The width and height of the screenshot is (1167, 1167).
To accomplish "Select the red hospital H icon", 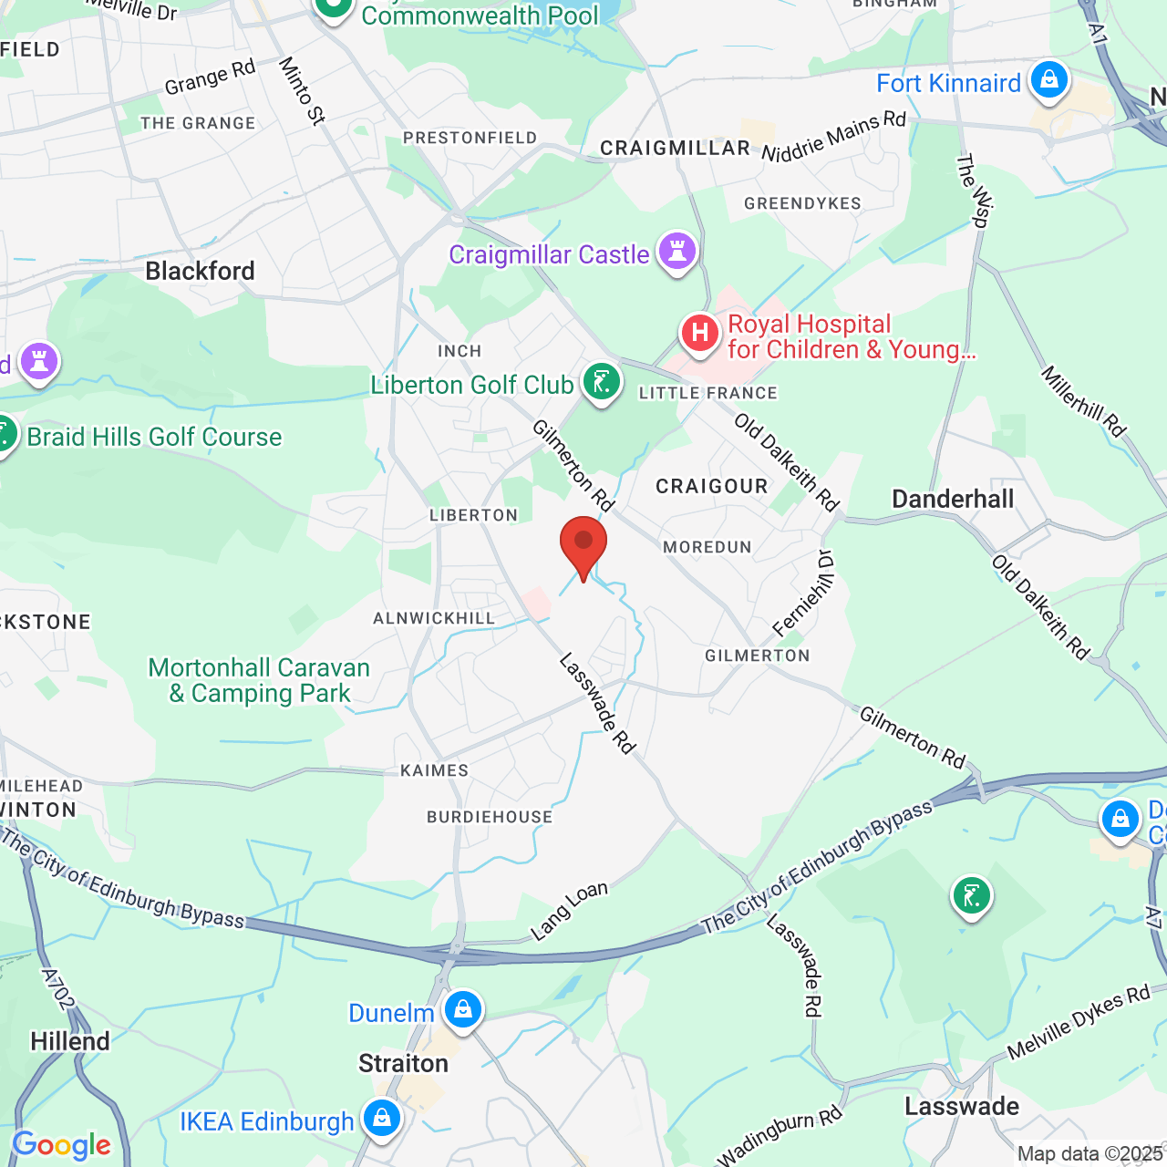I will (x=700, y=334).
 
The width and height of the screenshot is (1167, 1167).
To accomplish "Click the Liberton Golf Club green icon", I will (x=602, y=382).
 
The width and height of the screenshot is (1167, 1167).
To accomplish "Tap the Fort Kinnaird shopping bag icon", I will (x=1049, y=80).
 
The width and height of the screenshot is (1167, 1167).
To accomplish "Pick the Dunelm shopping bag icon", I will (x=462, y=1010).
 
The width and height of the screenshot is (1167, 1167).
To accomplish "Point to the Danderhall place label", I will (x=953, y=499).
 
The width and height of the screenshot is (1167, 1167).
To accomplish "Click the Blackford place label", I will (x=200, y=271).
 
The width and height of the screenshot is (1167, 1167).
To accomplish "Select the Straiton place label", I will (x=403, y=1063).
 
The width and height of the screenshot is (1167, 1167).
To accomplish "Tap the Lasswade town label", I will (x=962, y=1106).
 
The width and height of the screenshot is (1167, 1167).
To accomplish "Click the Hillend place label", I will (x=70, y=1041).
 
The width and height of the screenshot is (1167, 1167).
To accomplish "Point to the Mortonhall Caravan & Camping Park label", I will (x=259, y=680).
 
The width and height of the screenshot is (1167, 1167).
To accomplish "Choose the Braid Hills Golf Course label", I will (x=154, y=437).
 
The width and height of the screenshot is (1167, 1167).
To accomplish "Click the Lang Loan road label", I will (x=569, y=910).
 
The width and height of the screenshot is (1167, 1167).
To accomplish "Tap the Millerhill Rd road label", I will (x=1084, y=401).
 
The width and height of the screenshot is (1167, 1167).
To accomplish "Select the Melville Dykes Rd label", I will (x=1079, y=1023).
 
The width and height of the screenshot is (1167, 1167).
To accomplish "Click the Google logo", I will (x=61, y=1145).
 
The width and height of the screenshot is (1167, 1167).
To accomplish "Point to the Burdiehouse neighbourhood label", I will (x=490, y=817).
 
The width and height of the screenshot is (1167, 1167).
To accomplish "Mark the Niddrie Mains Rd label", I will (x=833, y=136).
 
